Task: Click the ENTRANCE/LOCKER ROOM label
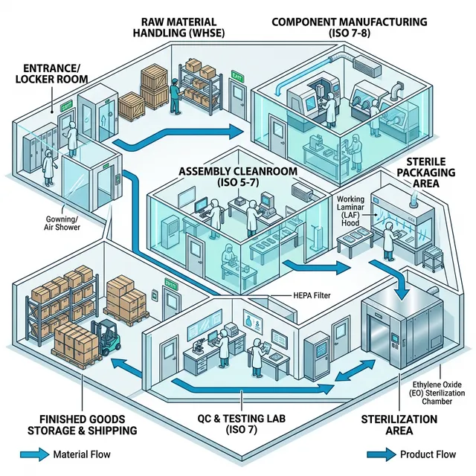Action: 49,73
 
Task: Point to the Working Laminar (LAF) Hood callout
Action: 352,210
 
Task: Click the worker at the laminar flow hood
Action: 388,242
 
